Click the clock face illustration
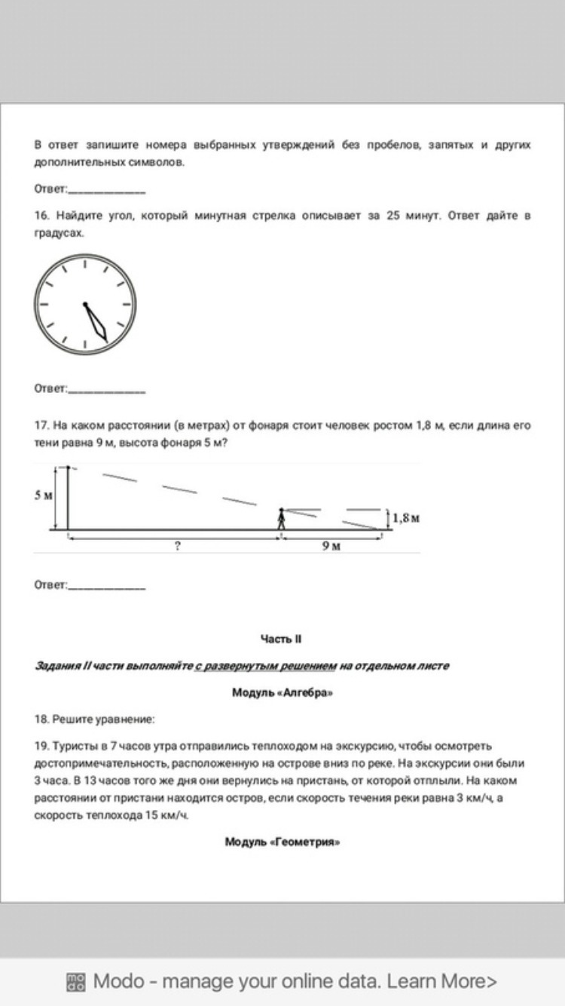[85, 304]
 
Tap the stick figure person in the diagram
[281, 519]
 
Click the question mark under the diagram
[177, 546]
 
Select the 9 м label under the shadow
[331, 546]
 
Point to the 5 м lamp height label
[43, 495]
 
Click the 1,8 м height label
[405, 518]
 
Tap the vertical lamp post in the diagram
[68, 498]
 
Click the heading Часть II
[281, 639]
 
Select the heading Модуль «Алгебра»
[282, 693]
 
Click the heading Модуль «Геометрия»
[282, 842]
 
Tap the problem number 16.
[41, 216]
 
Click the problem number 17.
[41, 425]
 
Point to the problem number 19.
[41, 747]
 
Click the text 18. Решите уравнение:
[94, 719]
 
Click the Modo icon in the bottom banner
[77, 982]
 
